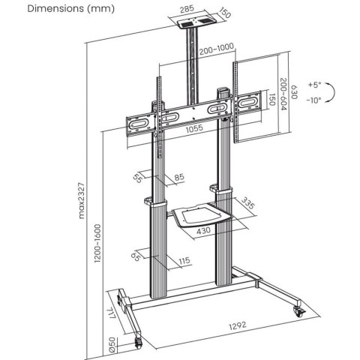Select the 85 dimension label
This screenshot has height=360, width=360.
pos(178,177)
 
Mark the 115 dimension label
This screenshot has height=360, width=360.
pos(183,260)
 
